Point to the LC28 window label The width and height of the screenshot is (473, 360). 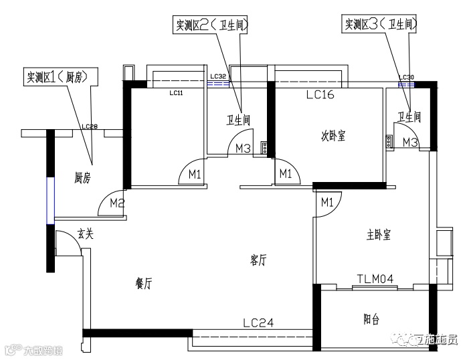[90, 126]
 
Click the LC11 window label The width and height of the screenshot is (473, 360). [177, 94]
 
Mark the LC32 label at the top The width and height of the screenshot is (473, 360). [219, 78]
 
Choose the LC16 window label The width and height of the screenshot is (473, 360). [320, 95]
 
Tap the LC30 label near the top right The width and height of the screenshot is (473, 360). [407, 78]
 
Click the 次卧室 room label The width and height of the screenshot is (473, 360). [333, 135]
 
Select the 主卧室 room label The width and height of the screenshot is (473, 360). [379, 235]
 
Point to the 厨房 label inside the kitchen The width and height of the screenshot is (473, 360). [83, 178]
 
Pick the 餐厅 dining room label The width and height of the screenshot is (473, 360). [143, 283]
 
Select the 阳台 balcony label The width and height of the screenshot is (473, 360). [372, 320]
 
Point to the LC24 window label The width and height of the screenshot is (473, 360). [258, 323]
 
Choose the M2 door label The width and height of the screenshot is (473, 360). [118, 202]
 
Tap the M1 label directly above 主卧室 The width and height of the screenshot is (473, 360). [327, 201]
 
